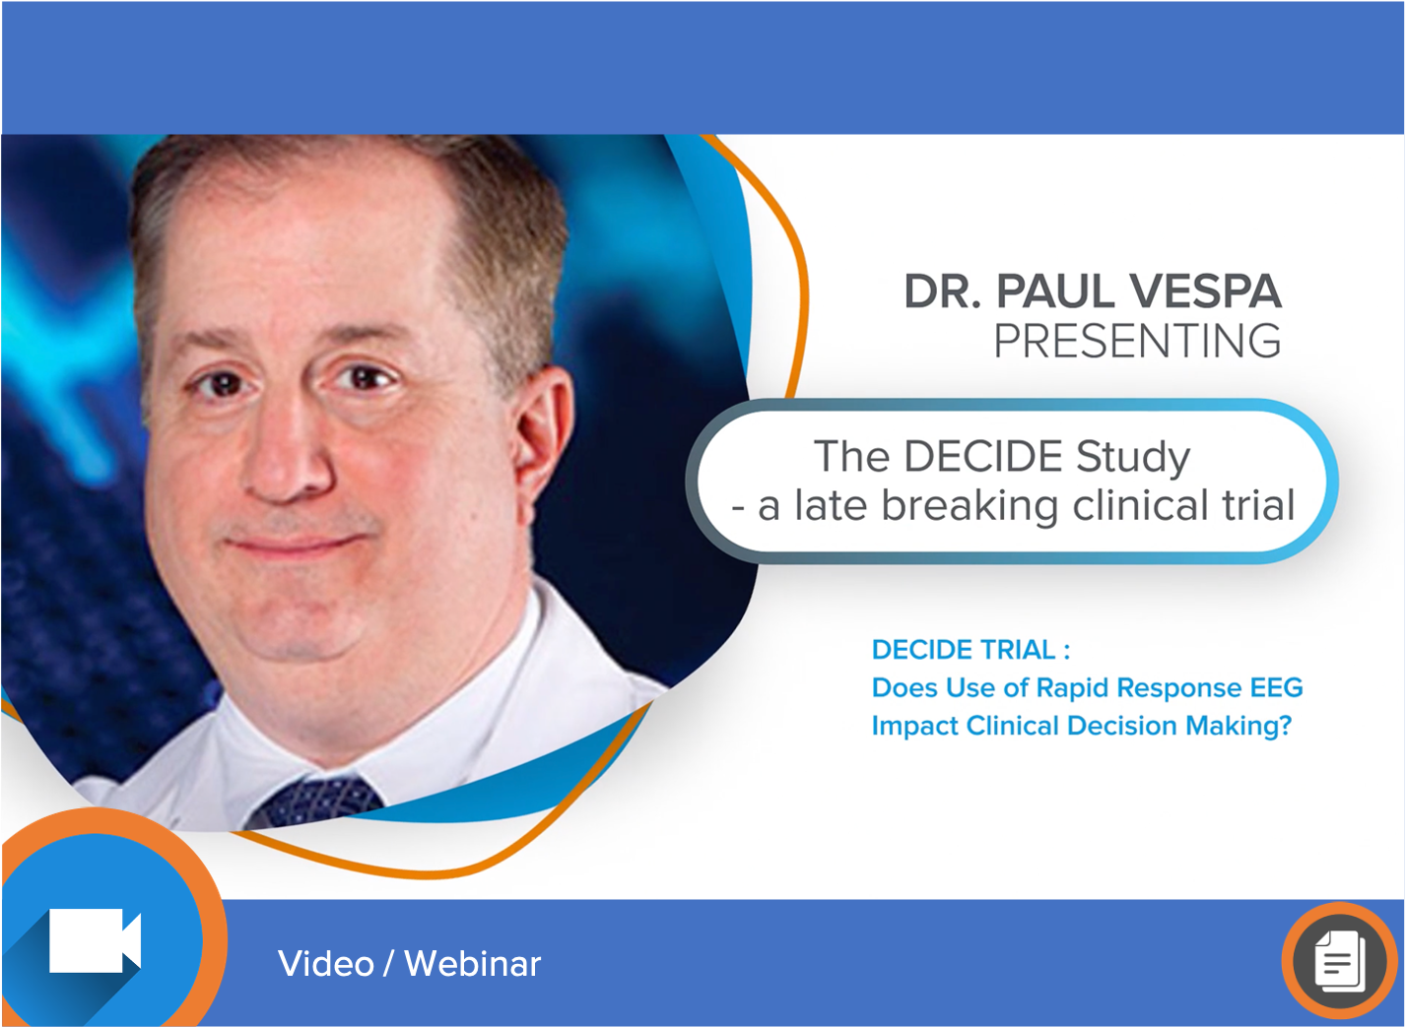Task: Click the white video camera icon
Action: pos(95,940)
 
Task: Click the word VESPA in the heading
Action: pos(1205,291)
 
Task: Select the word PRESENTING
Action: pos(1137,342)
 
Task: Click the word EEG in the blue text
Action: pos(1276,687)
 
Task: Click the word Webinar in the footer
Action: pos(473,964)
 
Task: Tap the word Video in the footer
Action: pos(326,964)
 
